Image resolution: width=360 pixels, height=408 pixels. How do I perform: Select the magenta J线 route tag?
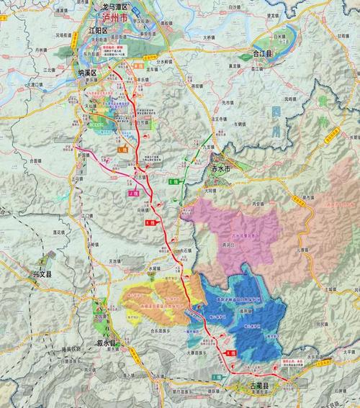point(132,193)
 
